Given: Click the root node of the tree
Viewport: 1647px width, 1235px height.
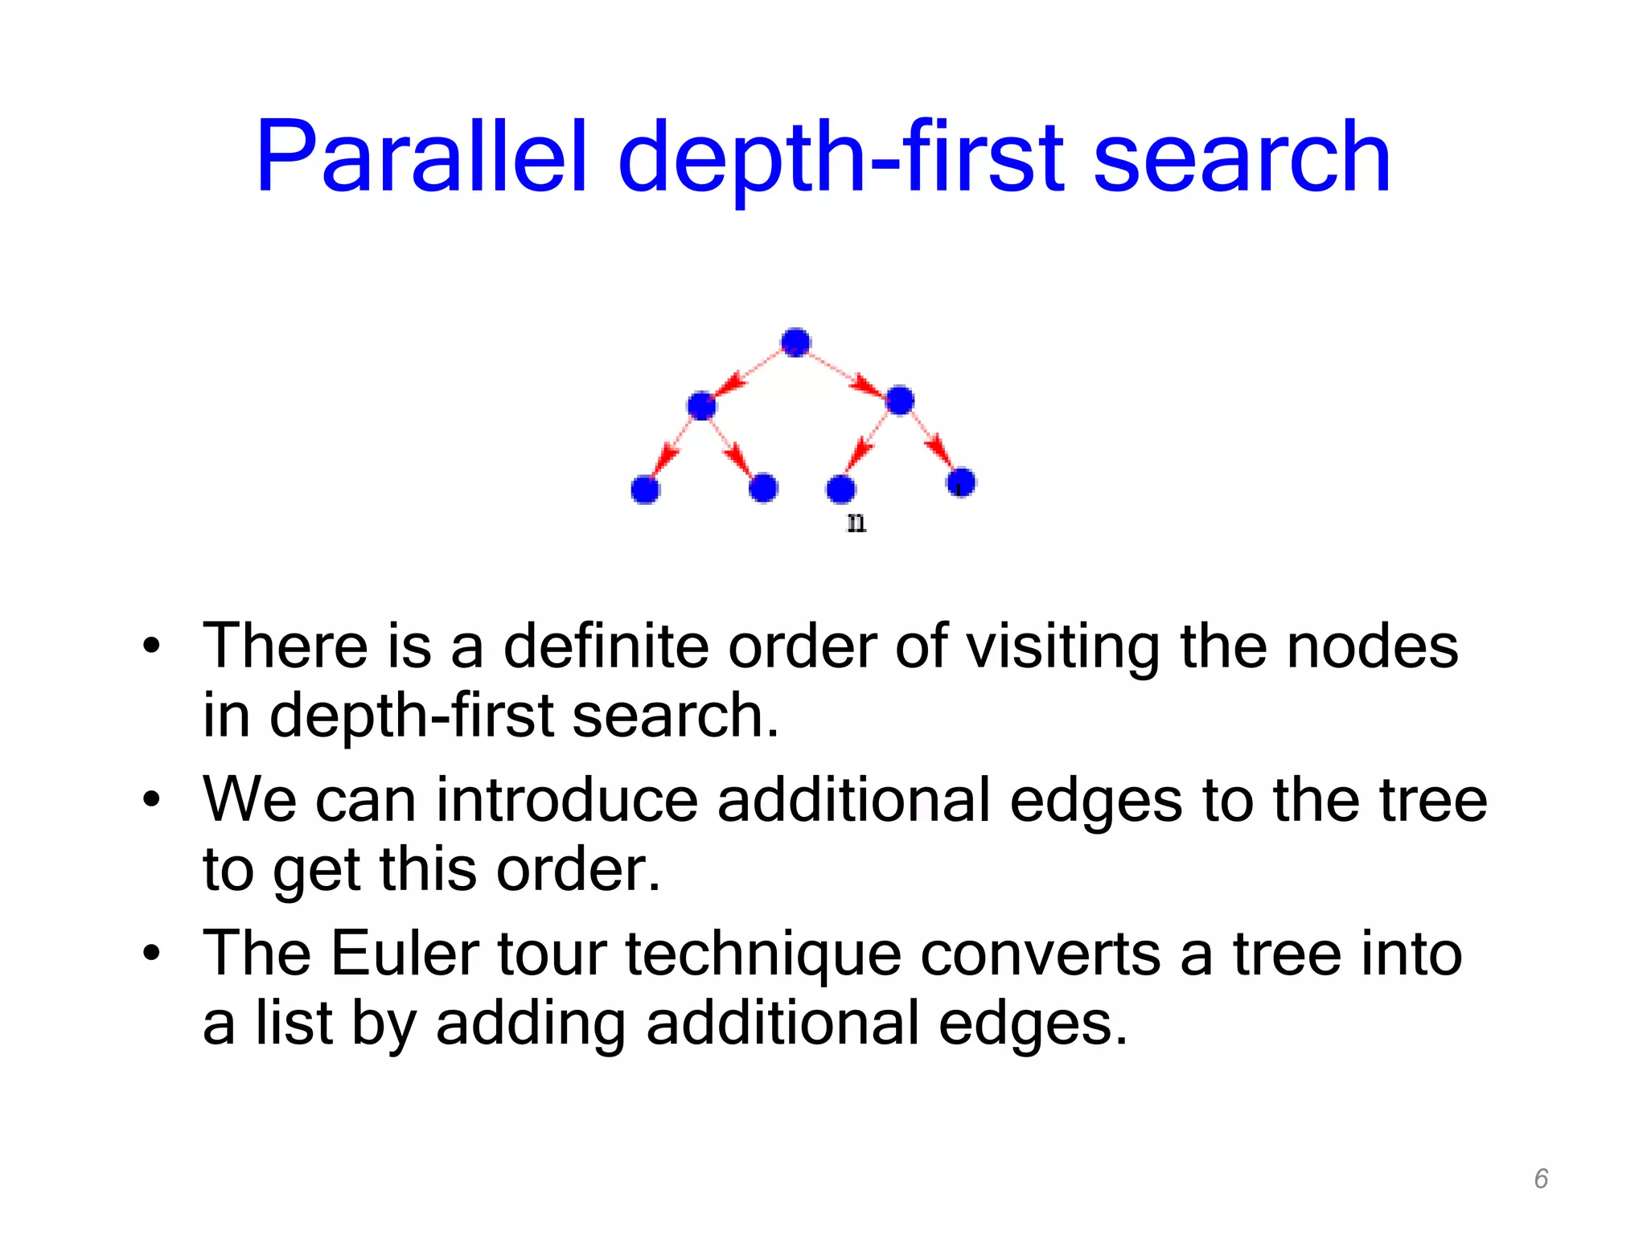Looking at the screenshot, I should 795,343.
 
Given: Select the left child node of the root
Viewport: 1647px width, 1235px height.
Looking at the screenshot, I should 701,405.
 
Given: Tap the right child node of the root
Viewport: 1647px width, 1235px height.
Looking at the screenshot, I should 899,400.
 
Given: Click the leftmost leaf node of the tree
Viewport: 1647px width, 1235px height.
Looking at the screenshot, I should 645,489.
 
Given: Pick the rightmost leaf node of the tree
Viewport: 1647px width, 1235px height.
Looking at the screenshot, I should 961,482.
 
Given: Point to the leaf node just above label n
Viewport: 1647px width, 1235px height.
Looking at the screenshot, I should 840,488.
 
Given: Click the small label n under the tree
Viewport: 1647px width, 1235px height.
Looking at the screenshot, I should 856,523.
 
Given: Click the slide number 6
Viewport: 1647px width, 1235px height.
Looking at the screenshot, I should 1541,1179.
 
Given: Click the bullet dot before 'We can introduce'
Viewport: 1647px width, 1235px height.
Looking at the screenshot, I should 151,800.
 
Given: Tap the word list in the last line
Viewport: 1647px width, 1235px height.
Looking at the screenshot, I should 294,1023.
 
